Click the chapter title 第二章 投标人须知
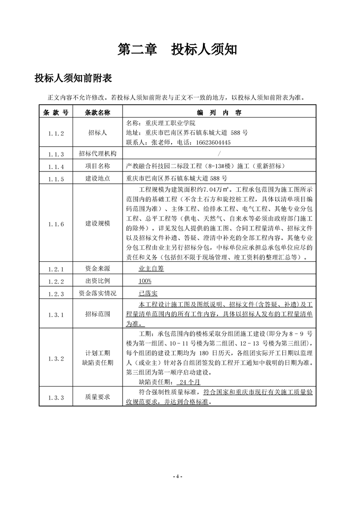click(177, 49)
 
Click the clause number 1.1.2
click(56, 133)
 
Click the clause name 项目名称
click(98, 166)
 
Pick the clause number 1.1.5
click(56, 179)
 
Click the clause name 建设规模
click(98, 224)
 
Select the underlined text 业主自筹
click(151, 269)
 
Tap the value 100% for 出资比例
click(145, 281)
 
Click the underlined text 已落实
click(148, 294)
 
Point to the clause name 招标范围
click(98, 314)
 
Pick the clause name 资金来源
click(98, 269)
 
